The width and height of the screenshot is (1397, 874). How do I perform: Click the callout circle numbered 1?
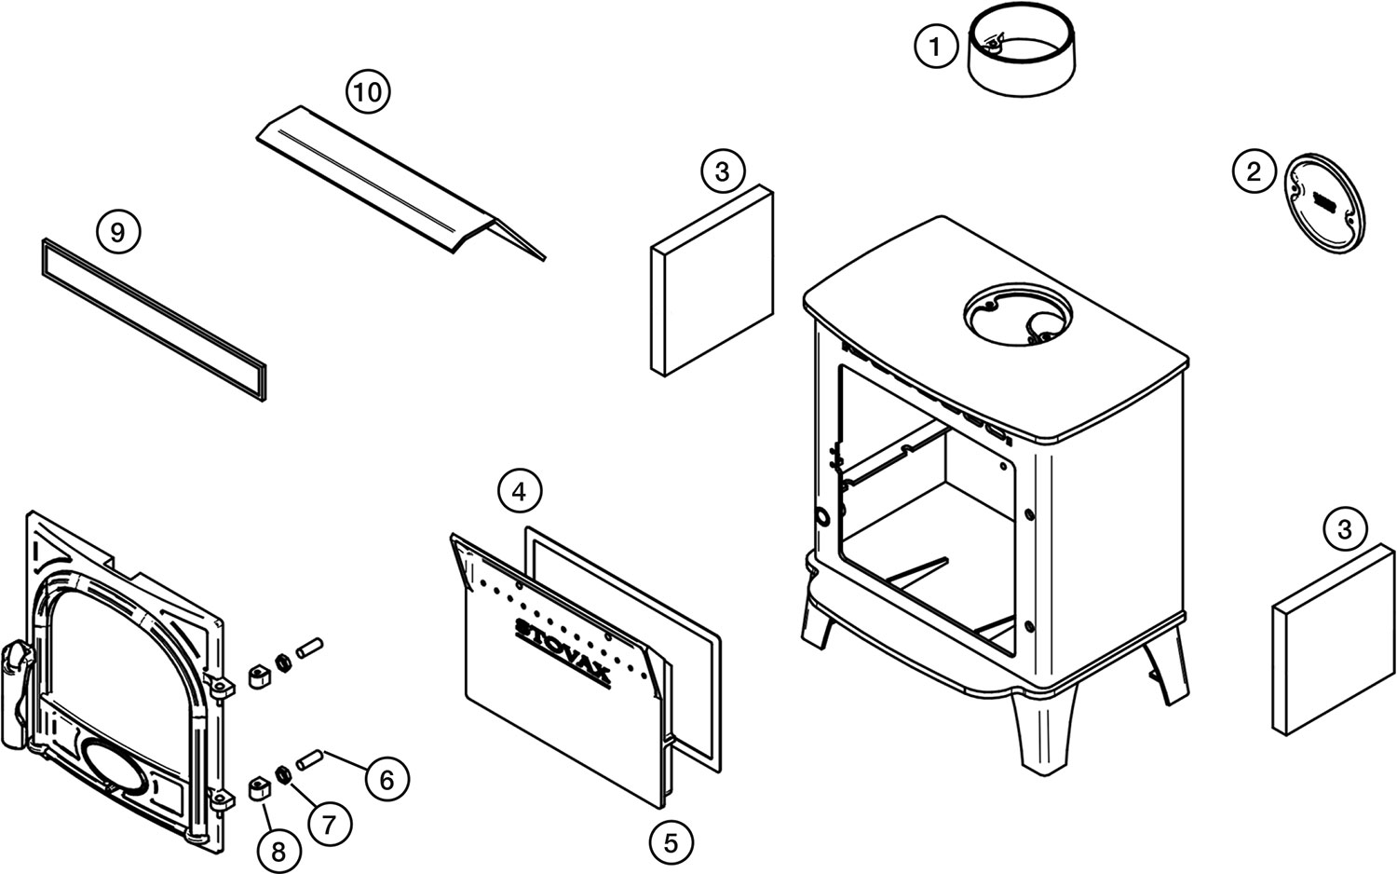click(x=936, y=46)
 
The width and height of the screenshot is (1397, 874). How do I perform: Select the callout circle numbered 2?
click(x=1254, y=171)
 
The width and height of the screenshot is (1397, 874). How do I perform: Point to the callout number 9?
click(x=117, y=230)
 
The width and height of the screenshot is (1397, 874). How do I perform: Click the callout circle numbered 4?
click(x=520, y=490)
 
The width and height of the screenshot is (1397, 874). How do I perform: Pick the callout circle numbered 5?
click(x=671, y=842)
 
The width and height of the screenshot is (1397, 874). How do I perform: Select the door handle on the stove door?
click(x=17, y=690)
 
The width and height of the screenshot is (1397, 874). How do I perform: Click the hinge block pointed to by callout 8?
click(x=260, y=790)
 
